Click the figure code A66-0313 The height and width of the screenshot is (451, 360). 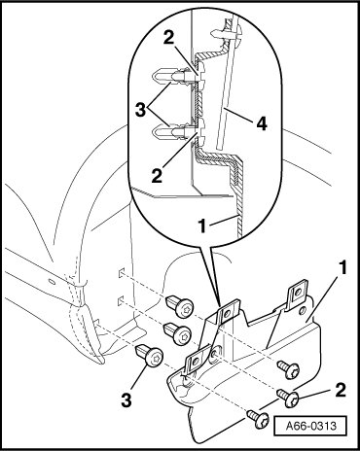311,426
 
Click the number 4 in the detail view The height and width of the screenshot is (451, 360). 261,123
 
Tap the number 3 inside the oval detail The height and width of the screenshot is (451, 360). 141,110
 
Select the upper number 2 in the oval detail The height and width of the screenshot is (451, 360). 168,38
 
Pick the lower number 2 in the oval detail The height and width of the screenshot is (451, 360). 157,176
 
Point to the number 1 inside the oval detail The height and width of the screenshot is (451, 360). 202,225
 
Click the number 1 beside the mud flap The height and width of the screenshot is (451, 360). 342,268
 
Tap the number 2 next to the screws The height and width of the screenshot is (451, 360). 341,390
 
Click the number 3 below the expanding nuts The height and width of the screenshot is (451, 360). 126,399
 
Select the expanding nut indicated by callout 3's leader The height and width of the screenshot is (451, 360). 150,356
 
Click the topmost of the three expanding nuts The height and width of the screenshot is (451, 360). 180,306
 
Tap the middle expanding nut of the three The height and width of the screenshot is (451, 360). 178,333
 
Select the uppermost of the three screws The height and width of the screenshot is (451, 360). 288,369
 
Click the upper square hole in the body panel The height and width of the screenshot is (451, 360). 121,273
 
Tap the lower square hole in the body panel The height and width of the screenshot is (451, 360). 121,301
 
